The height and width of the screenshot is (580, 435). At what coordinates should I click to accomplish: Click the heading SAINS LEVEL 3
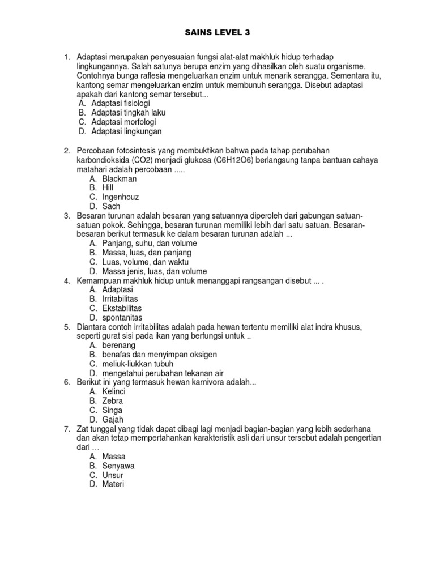point(217,33)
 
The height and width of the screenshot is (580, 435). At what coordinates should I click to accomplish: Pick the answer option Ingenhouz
point(120,197)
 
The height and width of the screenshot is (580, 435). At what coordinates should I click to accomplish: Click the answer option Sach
point(111,206)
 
